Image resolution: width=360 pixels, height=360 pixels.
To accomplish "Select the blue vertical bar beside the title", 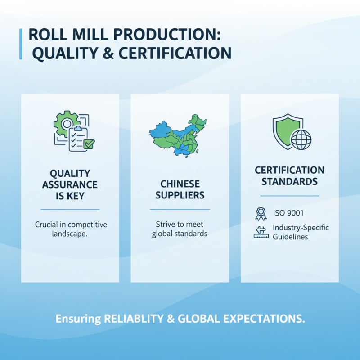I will click(20, 44).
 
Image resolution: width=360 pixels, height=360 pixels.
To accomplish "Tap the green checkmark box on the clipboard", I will click(89, 144).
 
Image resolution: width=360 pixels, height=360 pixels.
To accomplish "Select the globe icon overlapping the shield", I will click(301, 139).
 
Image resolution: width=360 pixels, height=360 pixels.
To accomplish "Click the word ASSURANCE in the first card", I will click(70, 184).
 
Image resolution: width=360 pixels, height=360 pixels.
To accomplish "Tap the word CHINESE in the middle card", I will click(180, 184).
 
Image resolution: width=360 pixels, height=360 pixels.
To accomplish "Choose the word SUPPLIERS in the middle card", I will click(180, 195).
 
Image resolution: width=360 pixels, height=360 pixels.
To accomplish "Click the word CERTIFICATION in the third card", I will click(289, 171).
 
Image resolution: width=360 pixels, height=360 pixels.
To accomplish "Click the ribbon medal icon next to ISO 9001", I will click(261, 213).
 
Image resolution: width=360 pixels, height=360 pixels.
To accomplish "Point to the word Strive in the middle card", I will click(165, 224).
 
